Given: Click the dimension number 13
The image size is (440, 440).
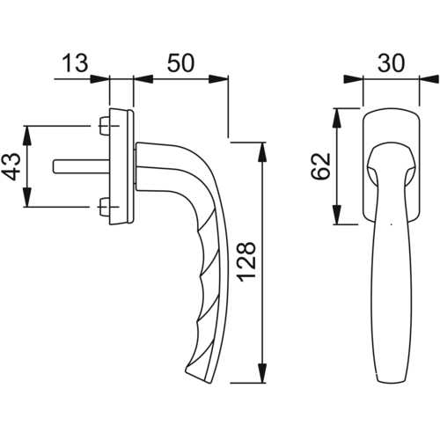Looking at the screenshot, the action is coord(75,63).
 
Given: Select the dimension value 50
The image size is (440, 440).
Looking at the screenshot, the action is coord(180,63).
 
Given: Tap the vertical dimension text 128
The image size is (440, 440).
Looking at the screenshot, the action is coord(247,262).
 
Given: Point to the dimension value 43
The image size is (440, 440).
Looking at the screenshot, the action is coord(11,166).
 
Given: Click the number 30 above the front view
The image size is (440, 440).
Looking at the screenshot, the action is coord(391,63).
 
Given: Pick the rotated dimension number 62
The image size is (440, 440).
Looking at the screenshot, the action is coord(320,166).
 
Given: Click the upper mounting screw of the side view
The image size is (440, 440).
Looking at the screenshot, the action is coord(104,126).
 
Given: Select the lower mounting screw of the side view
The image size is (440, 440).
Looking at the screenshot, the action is coord(104,207).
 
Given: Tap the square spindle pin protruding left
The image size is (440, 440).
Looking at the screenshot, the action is coord(81,166).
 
